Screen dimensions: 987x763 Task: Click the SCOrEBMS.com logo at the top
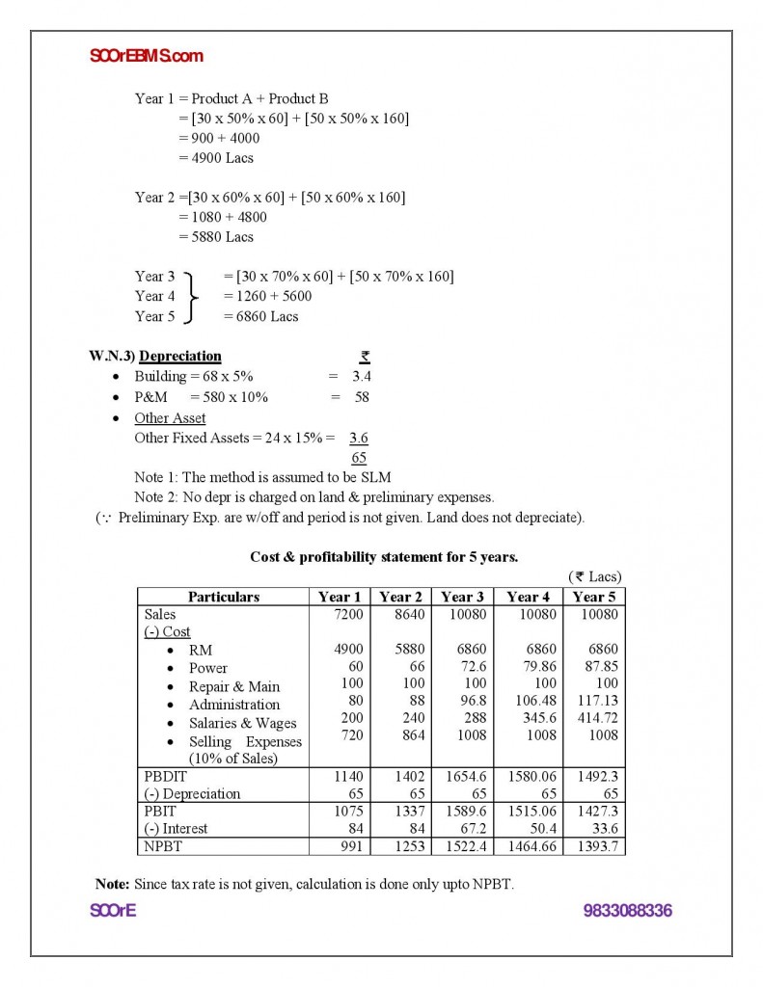[146, 56]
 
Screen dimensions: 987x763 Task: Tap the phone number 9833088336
[627, 910]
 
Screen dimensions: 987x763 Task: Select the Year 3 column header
[462, 597]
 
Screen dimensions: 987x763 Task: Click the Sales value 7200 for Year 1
[346, 614]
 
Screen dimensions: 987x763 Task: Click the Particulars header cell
[223, 597]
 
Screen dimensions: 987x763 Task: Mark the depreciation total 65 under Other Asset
[359, 458]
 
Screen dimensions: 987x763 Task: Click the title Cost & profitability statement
[383, 556]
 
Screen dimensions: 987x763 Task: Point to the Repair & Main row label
[234, 686]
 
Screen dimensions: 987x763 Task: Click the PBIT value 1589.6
[464, 811]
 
